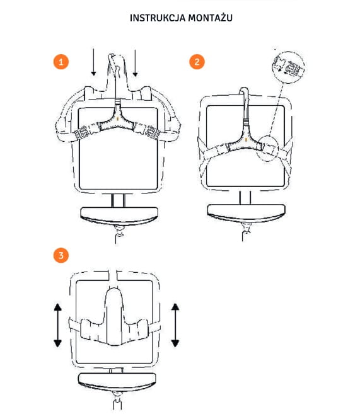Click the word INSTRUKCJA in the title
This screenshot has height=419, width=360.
point(158,18)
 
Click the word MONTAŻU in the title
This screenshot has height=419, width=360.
point(210,18)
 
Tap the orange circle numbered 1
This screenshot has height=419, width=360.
point(61,62)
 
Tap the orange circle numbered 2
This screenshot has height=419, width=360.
point(197,62)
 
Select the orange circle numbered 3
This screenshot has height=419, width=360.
point(61,255)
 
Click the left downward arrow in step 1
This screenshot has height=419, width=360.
point(93,62)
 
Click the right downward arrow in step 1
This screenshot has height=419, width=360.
point(136,63)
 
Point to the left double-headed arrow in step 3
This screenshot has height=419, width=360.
point(58,325)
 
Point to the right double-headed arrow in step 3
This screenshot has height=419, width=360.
point(175,325)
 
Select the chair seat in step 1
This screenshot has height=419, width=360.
point(119,215)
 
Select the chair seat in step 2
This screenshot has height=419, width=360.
point(247,213)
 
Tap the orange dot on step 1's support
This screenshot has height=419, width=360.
point(118,118)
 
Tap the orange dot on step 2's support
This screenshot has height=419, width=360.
point(246,139)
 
